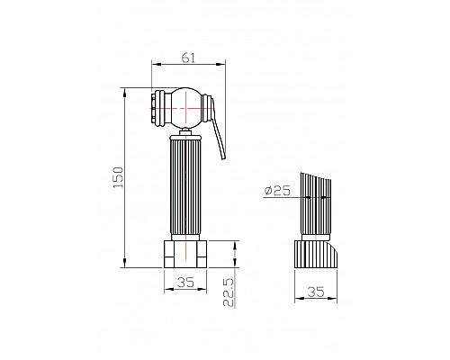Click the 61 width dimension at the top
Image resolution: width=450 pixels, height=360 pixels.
(x=187, y=58)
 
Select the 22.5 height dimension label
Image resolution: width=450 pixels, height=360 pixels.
(x=229, y=292)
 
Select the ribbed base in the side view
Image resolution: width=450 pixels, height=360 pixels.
(x=315, y=253)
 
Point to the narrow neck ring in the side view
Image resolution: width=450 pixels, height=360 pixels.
(x=314, y=236)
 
